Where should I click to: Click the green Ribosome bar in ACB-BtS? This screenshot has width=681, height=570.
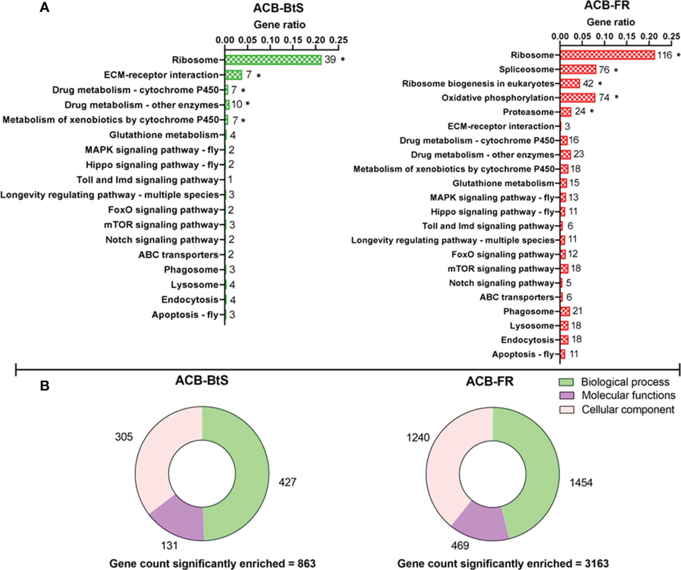[x=273, y=60]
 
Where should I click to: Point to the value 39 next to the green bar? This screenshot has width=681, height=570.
[x=330, y=60]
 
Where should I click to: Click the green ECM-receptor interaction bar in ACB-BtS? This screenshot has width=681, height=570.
[x=234, y=74]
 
